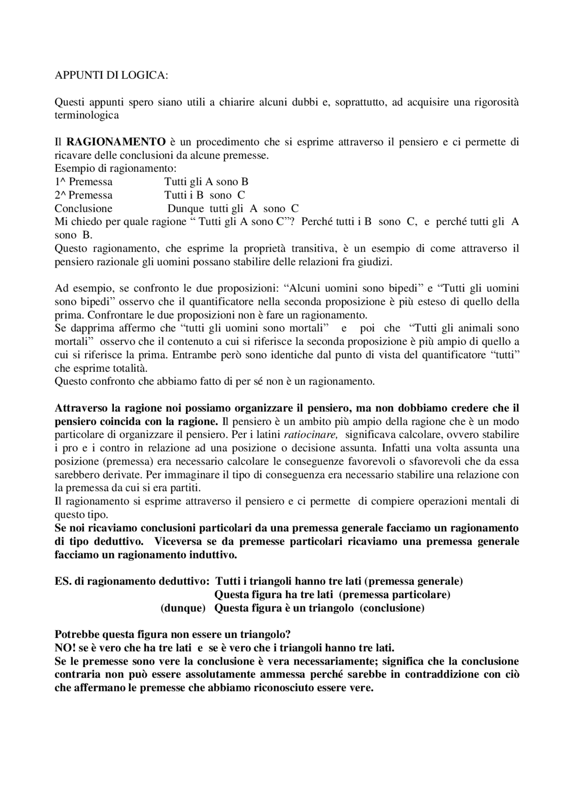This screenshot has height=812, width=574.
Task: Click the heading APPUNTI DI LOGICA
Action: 111,75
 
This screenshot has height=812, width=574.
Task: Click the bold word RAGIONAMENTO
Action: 116,142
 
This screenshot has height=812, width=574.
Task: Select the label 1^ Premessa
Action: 83,182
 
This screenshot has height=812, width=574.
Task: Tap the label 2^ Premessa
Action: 83,195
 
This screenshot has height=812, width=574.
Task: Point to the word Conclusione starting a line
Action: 83,208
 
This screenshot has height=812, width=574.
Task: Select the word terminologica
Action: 87,115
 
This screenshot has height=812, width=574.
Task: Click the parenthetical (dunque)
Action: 183,608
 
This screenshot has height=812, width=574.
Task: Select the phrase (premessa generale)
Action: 413,582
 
